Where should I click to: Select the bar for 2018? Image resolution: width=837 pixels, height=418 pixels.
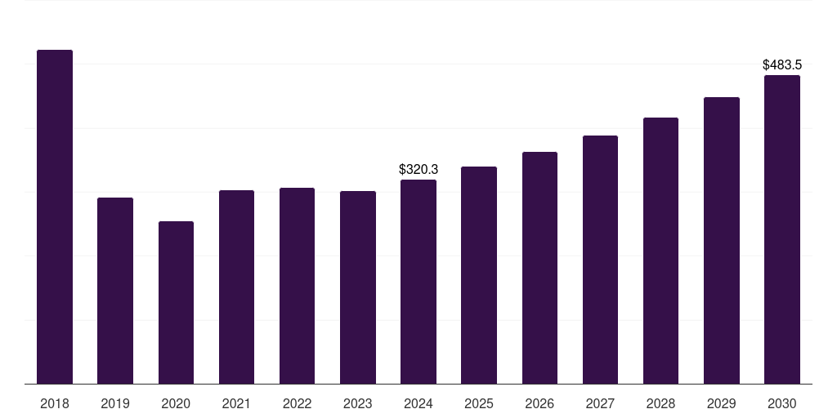pos(55,216)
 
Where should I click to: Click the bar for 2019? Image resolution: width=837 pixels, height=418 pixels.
pos(115,291)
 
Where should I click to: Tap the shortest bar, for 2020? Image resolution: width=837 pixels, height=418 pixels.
pos(177,302)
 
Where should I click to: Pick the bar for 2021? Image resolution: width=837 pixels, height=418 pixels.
pos(236,287)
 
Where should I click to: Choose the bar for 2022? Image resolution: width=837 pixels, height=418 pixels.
pos(298,286)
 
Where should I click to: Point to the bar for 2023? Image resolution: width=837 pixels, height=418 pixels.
pos(358,287)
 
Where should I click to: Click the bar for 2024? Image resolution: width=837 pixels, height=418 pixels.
pos(418,282)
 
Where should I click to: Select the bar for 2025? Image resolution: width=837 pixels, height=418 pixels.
pos(479,275)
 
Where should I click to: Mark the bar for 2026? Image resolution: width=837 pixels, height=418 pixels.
pos(539,268)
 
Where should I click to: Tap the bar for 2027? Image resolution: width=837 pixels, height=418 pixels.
pos(601,260)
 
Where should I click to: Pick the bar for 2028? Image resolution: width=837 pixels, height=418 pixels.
pos(660,251)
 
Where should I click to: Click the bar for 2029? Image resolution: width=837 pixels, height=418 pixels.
pos(722,241)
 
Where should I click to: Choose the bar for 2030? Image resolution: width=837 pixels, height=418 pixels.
pos(782,229)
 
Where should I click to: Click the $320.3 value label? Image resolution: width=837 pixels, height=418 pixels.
pos(418,170)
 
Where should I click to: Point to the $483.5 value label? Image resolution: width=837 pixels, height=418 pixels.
pos(782,65)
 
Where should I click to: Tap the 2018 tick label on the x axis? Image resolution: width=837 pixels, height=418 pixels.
pos(55,404)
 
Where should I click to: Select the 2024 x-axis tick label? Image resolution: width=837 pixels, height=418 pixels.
pos(418,404)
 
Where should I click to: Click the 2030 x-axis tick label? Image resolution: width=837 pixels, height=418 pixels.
pos(782,404)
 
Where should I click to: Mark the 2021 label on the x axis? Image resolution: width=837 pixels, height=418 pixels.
pos(236,404)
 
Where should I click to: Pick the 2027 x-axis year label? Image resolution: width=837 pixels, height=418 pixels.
pos(601,404)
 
